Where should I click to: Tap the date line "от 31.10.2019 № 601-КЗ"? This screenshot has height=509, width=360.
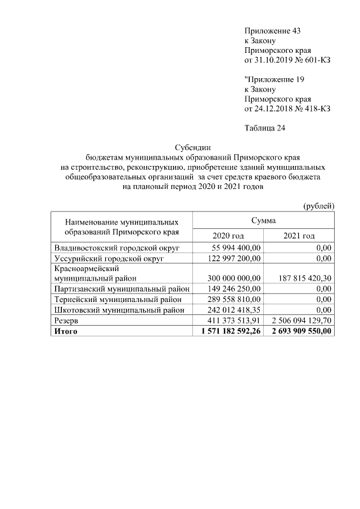click(x=287, y=60)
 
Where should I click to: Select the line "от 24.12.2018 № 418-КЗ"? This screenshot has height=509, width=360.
click(x=287, y=108)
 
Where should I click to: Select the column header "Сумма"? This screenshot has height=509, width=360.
click(x=264, y=220)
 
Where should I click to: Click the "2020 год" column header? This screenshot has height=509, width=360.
click(x=228, y=236)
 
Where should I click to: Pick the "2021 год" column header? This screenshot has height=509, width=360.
click(x=299, y=236)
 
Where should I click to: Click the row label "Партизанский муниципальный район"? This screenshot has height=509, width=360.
click(x=121, y=289)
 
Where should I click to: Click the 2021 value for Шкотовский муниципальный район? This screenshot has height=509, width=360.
click(x=323, y=309)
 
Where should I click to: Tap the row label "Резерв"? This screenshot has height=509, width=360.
click(x=67, y=320)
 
